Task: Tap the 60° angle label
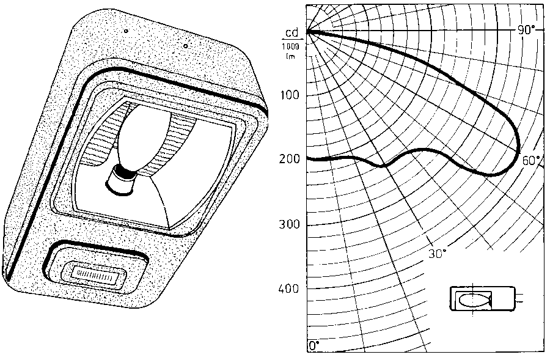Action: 531,160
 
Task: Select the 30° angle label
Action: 438,254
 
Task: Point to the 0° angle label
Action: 314,345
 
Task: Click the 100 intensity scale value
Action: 289,95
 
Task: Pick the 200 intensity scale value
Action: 289,159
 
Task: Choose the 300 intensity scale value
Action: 289,224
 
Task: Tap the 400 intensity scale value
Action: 289,288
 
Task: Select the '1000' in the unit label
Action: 291,46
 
